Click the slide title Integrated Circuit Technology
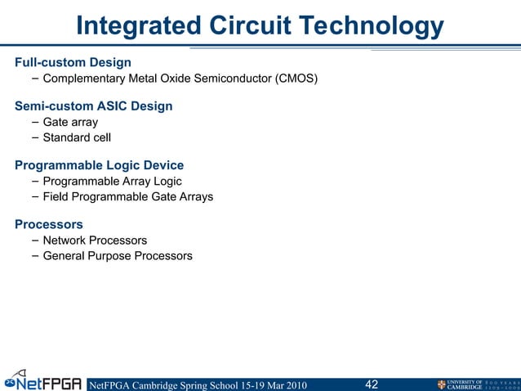click(x=260, y=26)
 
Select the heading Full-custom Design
click(x=73, y=62)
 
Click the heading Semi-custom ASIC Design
click(x=93, y=106)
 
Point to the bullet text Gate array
click(x=70, y=122)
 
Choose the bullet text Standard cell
click(x=77, y=137)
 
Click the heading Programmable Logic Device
click(x=99, y=165)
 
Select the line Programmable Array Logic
click(x=112, y=181)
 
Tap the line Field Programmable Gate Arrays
click(x=127, y=196)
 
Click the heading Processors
click(x=49, y=224)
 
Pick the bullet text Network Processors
click(x=95, y=240)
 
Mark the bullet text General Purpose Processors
click(x=118, y=256)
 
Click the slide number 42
click(x=372, y=384)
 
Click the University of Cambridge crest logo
click(x=442, y=384)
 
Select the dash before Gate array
click(x=33, y=122)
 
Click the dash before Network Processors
click(x=33, y=240)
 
